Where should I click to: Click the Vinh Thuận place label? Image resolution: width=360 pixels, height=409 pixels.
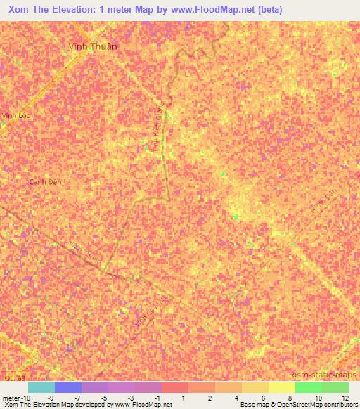93,46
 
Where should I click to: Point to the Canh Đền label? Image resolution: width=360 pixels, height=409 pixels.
45,181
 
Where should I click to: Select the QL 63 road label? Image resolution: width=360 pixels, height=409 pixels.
8,379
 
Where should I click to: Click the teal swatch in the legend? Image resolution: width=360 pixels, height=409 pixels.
41,387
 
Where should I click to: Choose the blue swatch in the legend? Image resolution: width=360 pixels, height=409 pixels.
67,387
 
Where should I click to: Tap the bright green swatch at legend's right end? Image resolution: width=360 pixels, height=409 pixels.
335,387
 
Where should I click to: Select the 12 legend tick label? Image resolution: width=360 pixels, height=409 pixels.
345,397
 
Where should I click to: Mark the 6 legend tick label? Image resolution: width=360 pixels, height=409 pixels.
264,397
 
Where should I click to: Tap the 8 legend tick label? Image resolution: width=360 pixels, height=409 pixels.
290,397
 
